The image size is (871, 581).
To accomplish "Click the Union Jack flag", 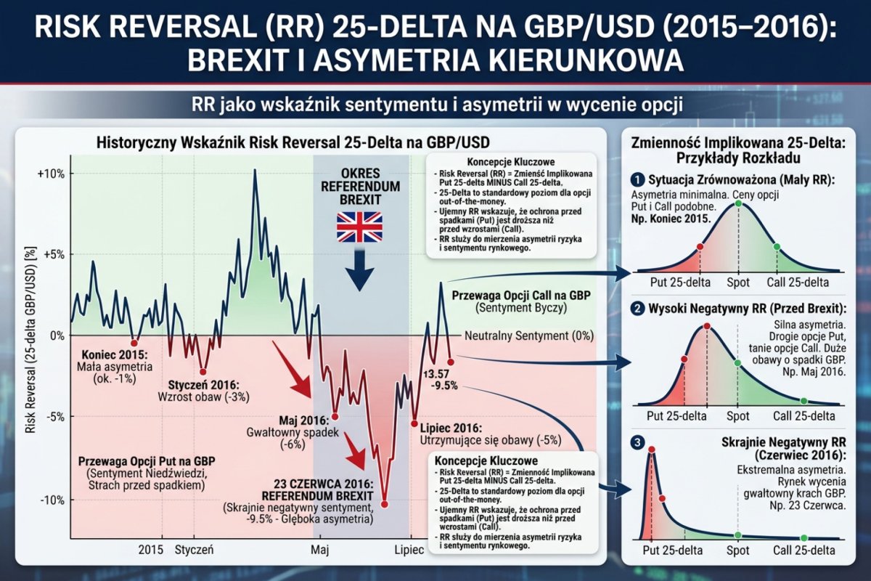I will coord(359,227).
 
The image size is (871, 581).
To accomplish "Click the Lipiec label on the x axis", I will coord(409,550).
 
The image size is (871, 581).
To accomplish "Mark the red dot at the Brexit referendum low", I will coord(384,504).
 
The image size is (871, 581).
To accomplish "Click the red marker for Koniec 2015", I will coord(134,343).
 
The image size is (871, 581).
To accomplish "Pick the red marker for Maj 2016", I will coord(335,417).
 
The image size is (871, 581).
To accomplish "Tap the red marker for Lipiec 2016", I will coord(414,423).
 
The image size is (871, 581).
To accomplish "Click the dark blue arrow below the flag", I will coord(359,271).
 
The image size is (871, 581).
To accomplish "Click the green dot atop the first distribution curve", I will coord(738,203).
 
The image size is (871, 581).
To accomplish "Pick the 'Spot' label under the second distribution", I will coord(738,416).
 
